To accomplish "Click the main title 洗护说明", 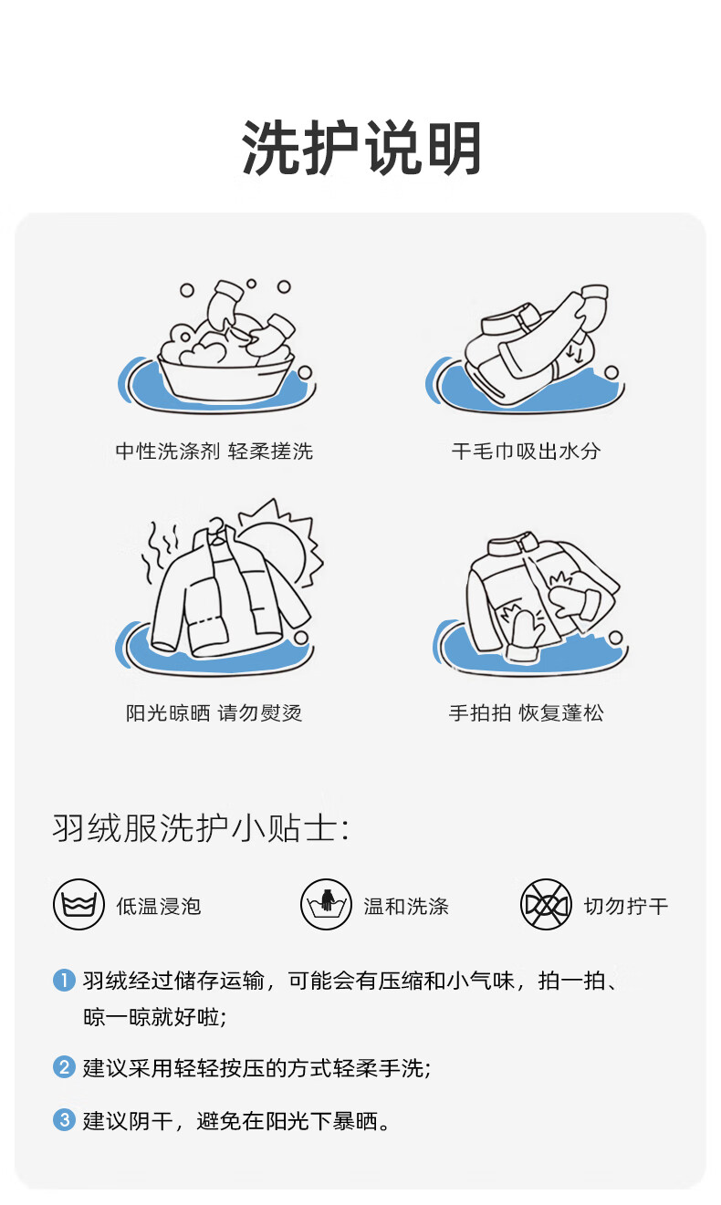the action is click(x=361, y=148).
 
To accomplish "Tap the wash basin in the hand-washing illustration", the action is click(x=226, y=379).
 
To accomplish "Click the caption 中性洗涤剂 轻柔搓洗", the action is click(x=214, y=451).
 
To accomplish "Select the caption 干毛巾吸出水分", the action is click(x=526, y=451).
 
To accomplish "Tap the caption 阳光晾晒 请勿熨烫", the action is click(x=214, y=712).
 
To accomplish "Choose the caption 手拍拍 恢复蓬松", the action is click(x=526, y=712).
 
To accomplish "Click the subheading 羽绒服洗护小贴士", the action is click(x=201, y=827).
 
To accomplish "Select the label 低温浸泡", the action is click(x=159, y=906).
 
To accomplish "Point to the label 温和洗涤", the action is click(x=406, y=906).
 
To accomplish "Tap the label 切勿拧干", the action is click(x=626, y=906).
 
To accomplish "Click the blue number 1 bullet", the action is click(x=64, y=980).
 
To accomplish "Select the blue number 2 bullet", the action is click(x=64, y=1066).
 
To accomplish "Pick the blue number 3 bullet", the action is click(x=64, y=1119).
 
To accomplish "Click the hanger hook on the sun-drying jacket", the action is click(x=216, y=525).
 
